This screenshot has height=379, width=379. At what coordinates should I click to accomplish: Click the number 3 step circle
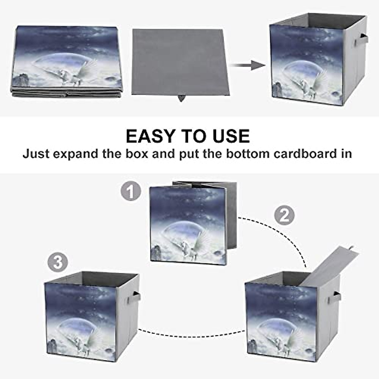tap(58, 262)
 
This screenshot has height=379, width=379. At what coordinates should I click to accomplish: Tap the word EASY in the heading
tap(150, 136)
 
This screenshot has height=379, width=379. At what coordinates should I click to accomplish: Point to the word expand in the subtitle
tap(75, 154)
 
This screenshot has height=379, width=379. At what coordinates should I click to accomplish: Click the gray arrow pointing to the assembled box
tap(248, 65)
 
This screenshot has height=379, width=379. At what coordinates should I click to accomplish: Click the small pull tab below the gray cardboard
tap(181, 98)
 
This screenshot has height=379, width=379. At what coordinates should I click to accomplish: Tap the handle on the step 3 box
tap(135, 297)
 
